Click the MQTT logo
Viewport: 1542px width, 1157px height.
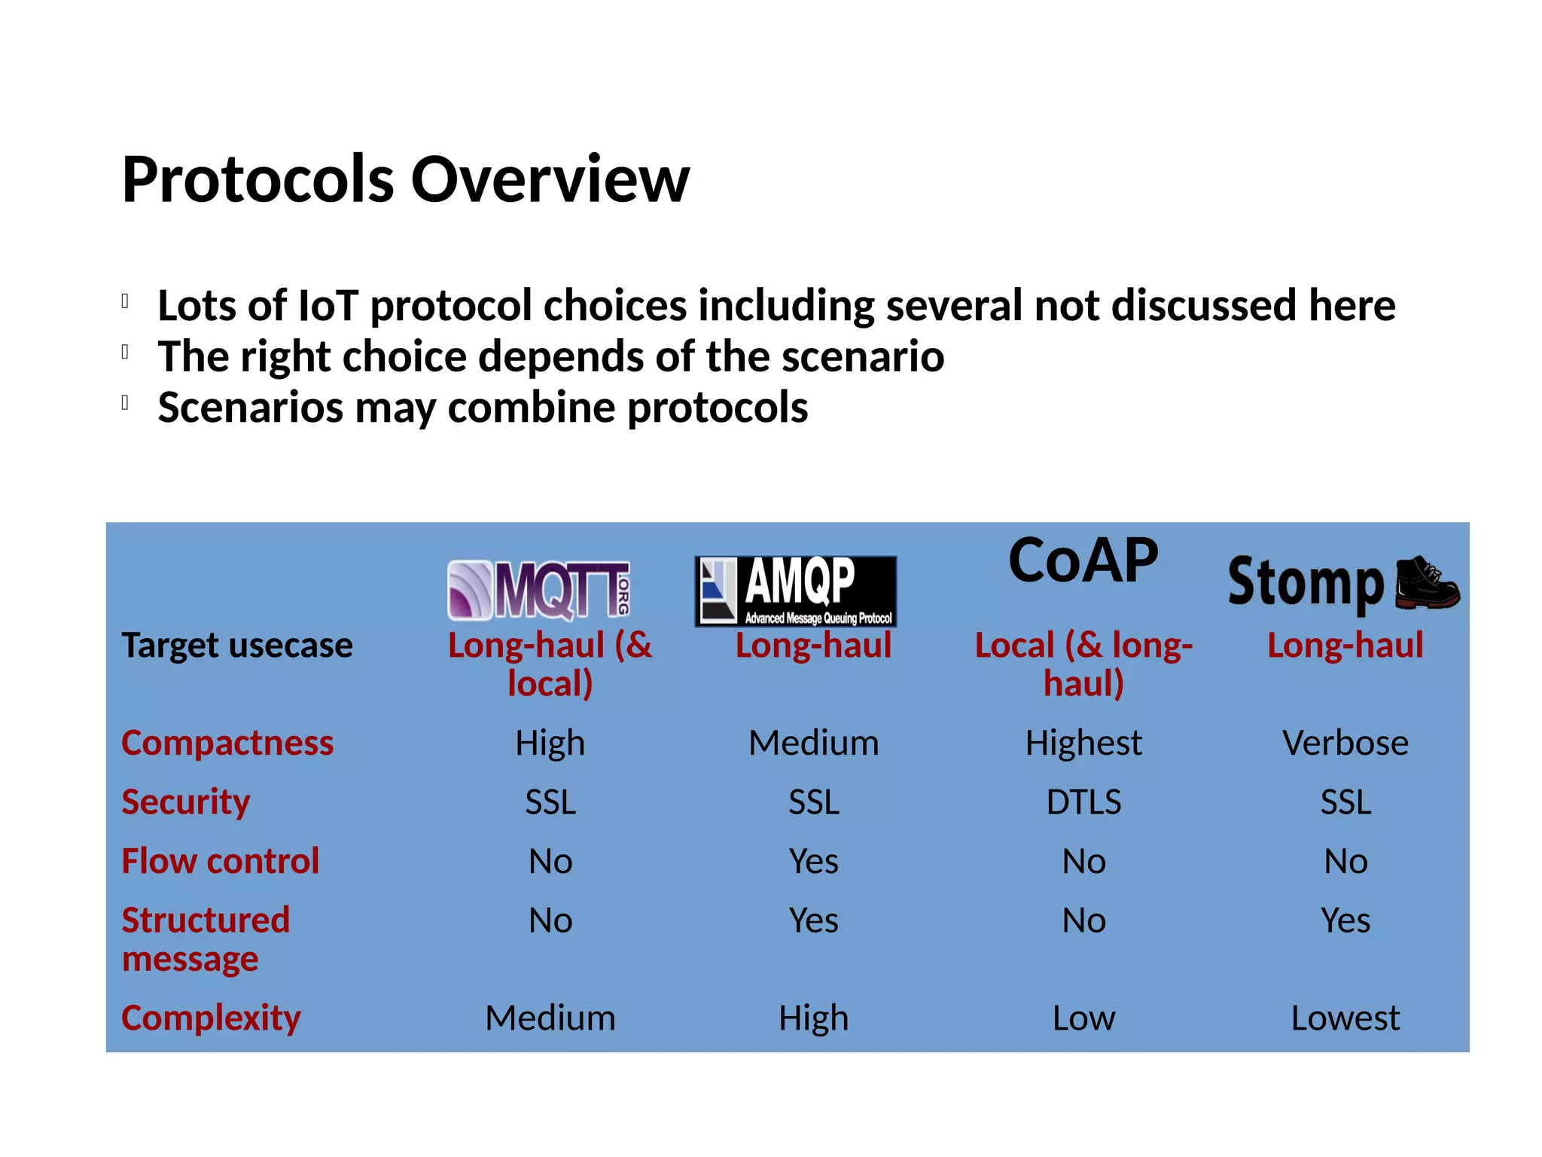539,591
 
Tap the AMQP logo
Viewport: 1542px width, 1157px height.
796,591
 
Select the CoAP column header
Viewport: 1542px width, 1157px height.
1083,561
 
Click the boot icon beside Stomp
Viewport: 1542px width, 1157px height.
1426,583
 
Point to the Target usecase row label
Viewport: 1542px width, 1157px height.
237,646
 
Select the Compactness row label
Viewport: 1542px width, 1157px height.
227,743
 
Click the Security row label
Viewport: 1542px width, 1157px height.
186,802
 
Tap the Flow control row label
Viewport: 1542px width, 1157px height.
221,861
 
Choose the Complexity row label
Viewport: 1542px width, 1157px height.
212,1018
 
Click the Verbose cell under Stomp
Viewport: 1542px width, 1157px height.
1345,743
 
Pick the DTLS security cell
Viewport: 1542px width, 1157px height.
1083,802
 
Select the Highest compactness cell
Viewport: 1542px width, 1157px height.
1083,743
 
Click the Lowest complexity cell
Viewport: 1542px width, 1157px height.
1345,1018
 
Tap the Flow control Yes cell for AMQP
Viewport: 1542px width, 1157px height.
813,861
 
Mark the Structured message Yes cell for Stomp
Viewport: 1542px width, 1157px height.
1345,920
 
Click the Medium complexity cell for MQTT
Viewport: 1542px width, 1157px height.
550,1018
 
